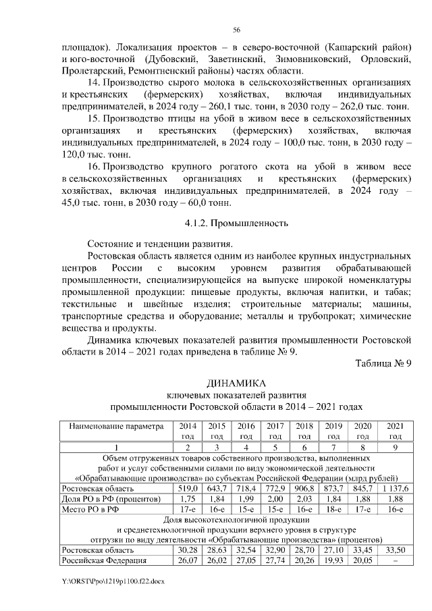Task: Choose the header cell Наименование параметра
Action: click(117, 427)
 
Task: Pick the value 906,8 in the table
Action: click(304, 488)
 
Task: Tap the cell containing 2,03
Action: click(304, 498)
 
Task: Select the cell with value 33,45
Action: click(363, 550)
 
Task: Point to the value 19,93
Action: click(333, 560)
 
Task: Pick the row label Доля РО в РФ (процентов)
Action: click(111, 498)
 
